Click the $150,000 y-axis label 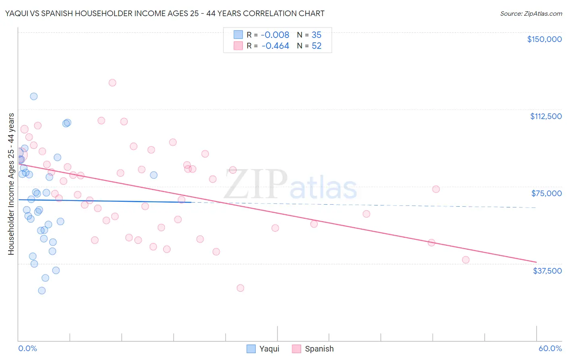544,39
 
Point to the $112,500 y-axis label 546,116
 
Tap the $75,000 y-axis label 546,193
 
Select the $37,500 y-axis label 547,271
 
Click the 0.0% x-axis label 27,348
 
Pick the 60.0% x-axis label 550,348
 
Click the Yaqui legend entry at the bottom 263,349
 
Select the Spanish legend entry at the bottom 313,349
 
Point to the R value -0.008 275,35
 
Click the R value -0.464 275,46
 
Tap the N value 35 317,35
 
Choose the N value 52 317,46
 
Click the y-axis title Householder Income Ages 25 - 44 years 11,184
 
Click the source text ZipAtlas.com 531,14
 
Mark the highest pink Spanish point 113,83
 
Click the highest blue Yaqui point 34,96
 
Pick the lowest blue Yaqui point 42,291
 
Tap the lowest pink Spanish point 240,288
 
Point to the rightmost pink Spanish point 466,260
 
